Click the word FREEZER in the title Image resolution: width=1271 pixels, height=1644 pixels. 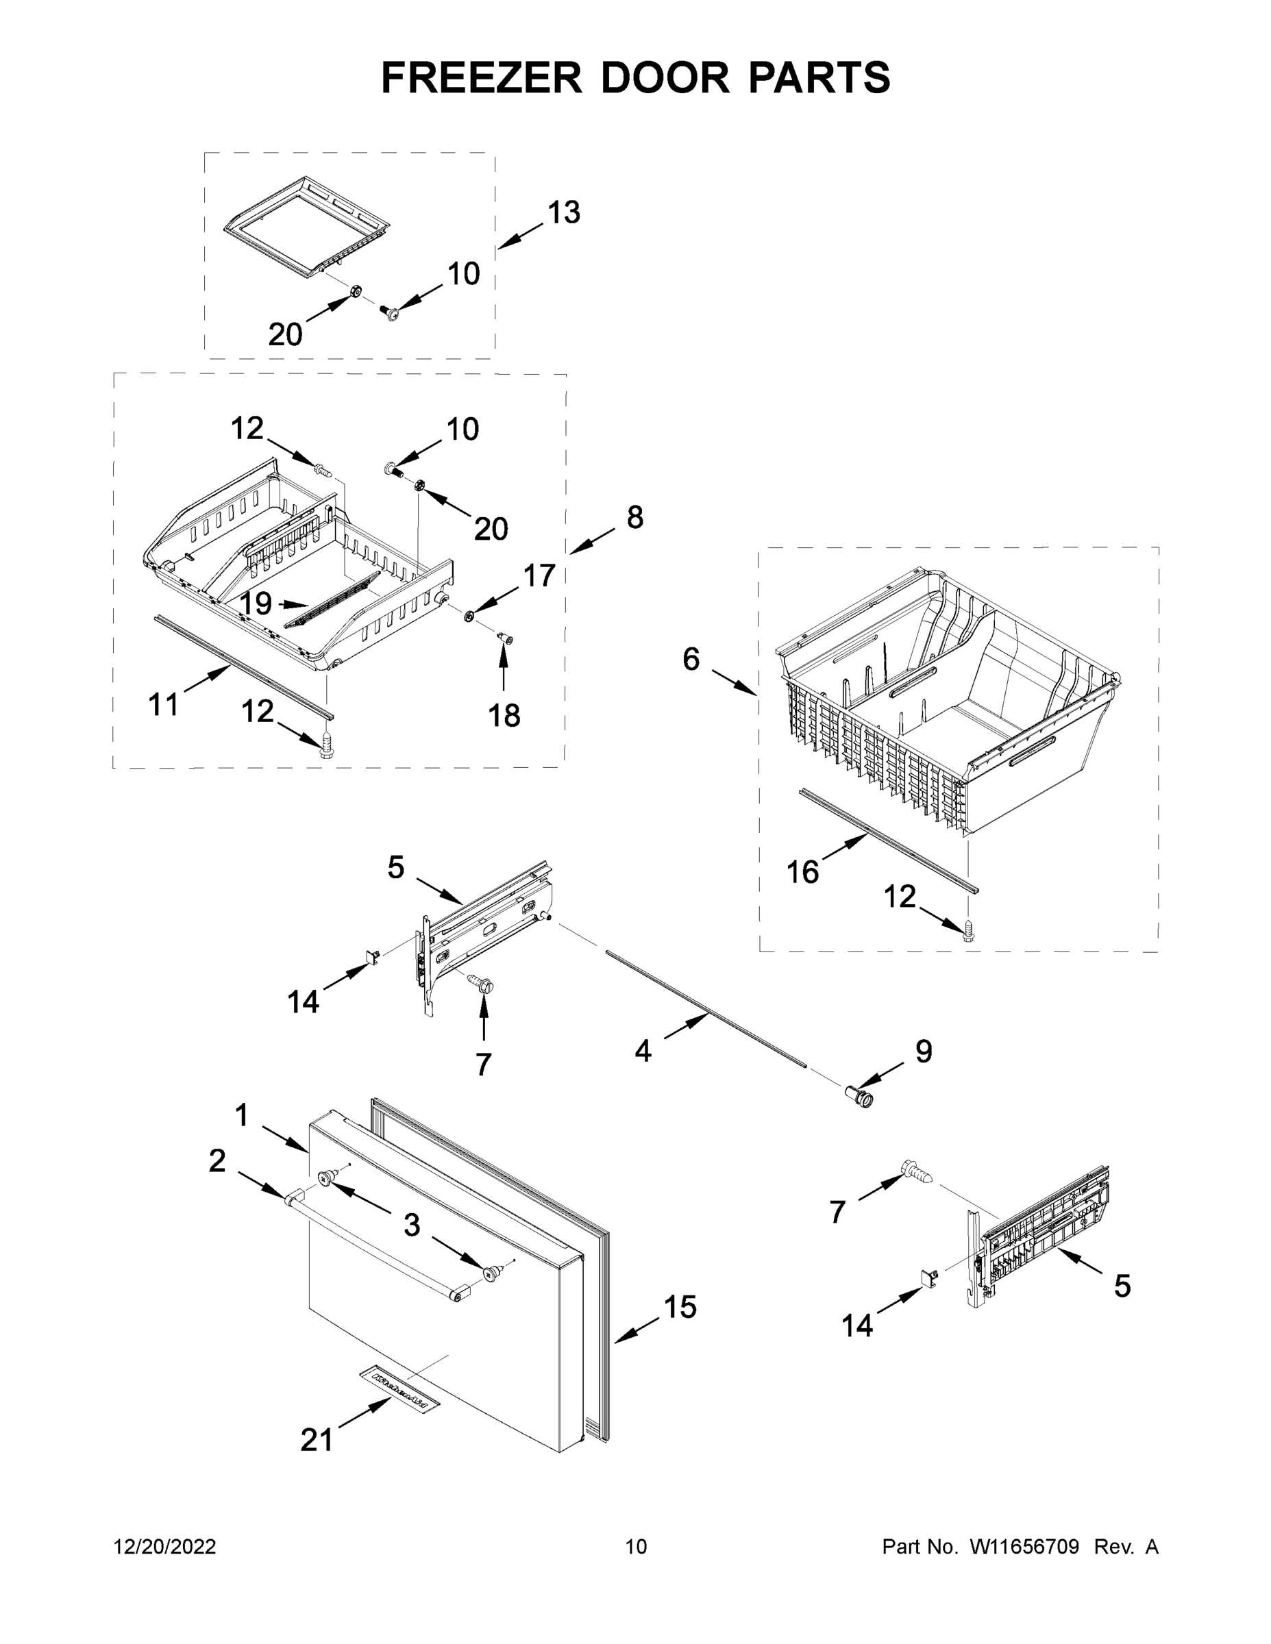click(481, 77)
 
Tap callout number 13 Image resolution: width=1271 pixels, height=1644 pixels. click(563, 213)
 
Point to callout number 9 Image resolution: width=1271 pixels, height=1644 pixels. click(923, 1051)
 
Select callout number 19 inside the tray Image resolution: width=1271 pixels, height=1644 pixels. click(256, 603)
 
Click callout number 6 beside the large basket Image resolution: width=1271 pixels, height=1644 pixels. click(691, 660)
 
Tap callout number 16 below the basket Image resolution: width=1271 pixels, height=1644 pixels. click(802, 872)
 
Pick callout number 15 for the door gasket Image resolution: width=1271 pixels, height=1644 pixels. click(679, 1307)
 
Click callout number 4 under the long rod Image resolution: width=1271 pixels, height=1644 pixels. click(642, 1051)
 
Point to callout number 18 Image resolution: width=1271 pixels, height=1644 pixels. click(504, 715)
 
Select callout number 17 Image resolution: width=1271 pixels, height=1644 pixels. click(539, 576)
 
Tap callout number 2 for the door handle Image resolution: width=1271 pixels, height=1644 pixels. click(217, 1161)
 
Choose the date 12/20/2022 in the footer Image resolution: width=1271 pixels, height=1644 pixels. click(165, 1547)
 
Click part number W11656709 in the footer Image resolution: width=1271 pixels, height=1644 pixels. click(1024, 1547)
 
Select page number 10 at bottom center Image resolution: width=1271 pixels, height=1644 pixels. click(636, 1547)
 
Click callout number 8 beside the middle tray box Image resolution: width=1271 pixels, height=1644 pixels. click(634, 517)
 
